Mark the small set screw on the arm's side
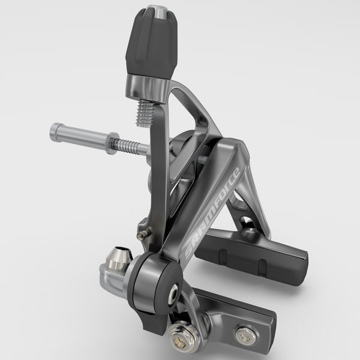tap(142, 235)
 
